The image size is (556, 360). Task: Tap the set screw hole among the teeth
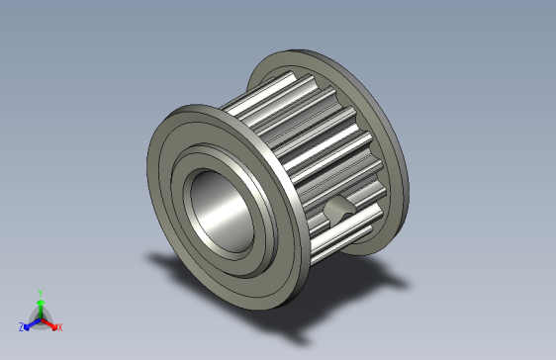[x=339, y=209]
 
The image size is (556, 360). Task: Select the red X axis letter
[x=59, y=326]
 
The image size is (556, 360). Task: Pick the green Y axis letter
[x=40, y=293]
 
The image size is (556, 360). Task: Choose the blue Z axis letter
[x=21, y=326]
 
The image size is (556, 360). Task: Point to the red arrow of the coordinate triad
[x=50, y=322]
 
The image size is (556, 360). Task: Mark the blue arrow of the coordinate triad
[x=30, y=322]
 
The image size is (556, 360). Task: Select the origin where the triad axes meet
[x=40, y=318]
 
